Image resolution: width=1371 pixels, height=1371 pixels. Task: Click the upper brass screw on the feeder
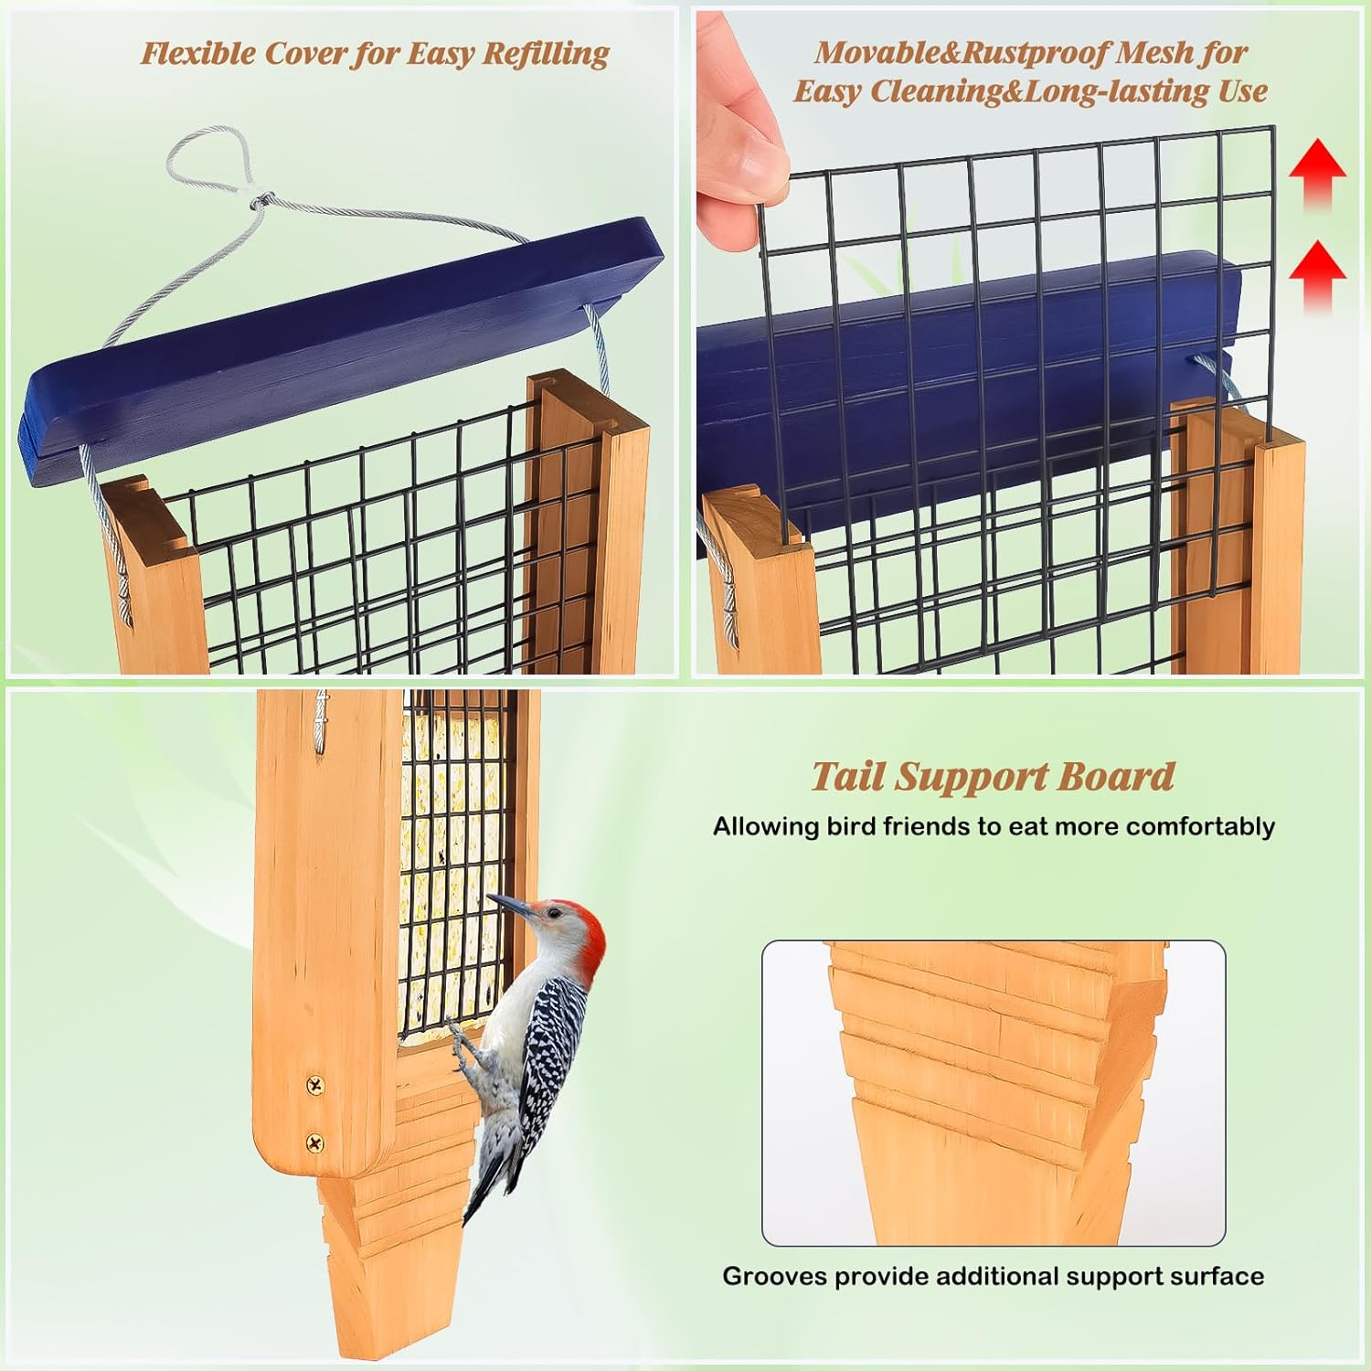tap(315, 1086)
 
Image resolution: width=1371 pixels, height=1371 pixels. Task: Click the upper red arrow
tap(1317, 174)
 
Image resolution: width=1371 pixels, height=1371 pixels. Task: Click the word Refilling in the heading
tap(546, 54)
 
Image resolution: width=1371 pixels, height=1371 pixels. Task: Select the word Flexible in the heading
tap(197, 54)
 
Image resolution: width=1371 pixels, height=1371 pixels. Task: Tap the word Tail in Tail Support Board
tap(848, 777)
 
